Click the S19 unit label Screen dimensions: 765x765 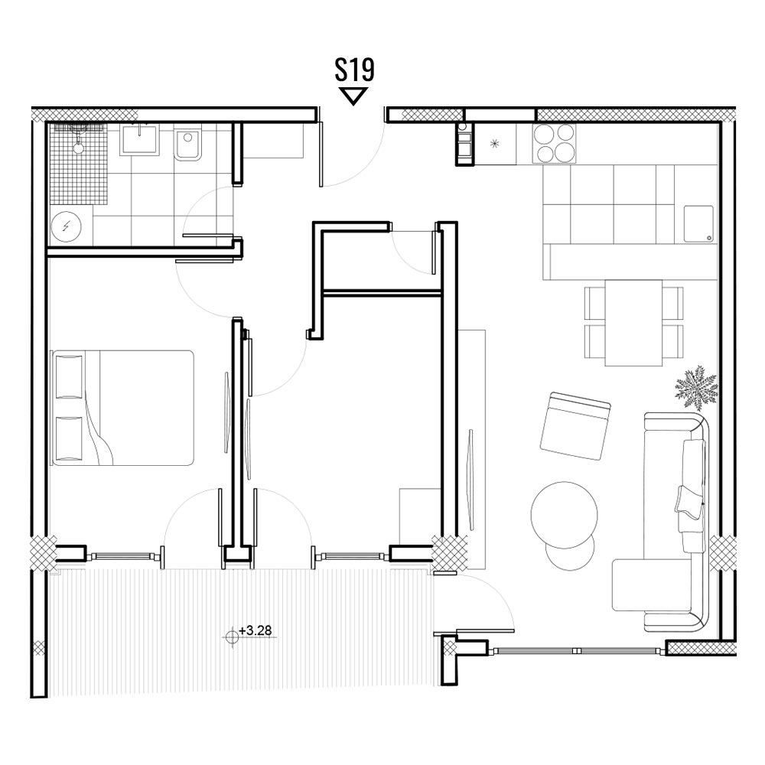(x=354, y=70)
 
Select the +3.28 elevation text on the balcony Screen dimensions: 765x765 (x=256, y=630)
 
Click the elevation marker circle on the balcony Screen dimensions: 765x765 (x=233, y=635)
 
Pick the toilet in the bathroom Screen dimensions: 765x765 (x=188, y=145)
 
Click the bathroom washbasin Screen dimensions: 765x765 (x=140, y=140)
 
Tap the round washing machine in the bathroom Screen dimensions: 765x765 (x=67, y=226)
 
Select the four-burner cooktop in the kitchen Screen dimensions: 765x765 (x=554, y=144)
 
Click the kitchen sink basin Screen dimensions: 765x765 (x=698, y=224)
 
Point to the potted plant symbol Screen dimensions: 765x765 (x=696, y=389)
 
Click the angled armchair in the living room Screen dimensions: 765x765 (x=576, y=426)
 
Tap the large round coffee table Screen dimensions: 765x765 (x=564, y=515)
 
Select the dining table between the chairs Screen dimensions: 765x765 (x=633, y=323)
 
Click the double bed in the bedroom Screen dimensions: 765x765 (x=122, y=408)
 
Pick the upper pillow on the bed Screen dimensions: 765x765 (x=70, y=376)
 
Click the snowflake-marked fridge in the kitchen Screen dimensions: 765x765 (x=495, y=144)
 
